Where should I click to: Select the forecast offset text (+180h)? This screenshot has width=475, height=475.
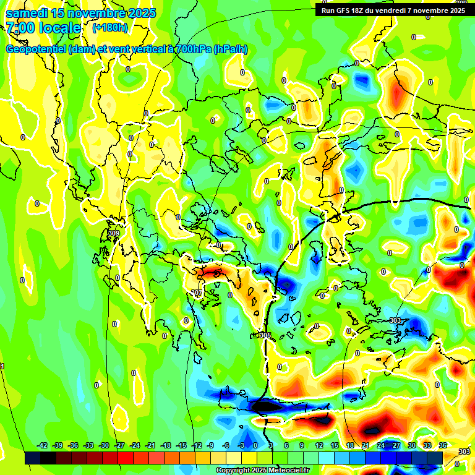pyautogui.click(x=110, y=28)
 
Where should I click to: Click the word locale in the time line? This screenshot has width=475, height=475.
pyautogui.click(x=59, y=28)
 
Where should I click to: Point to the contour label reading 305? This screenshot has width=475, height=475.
pyautogui.click(x=265, y=335)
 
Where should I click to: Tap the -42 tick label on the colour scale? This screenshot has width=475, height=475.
pyautogui.click(x=42, y=445)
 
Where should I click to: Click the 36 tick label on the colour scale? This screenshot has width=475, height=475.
pyautogui.click(x=443, y=445)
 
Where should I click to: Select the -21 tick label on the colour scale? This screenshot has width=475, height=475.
pyautogui.click(x=150, y=445)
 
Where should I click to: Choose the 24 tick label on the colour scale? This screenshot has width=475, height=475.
pyautogui.click(x=381, y=445)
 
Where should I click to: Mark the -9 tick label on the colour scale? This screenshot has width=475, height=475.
pyautogui.click(x=210, y=445)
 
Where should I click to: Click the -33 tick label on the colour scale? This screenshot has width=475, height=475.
pyautogui.click(x=88, y=445)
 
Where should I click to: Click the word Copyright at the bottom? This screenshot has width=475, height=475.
pyautogui.click(x=234, y=471)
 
